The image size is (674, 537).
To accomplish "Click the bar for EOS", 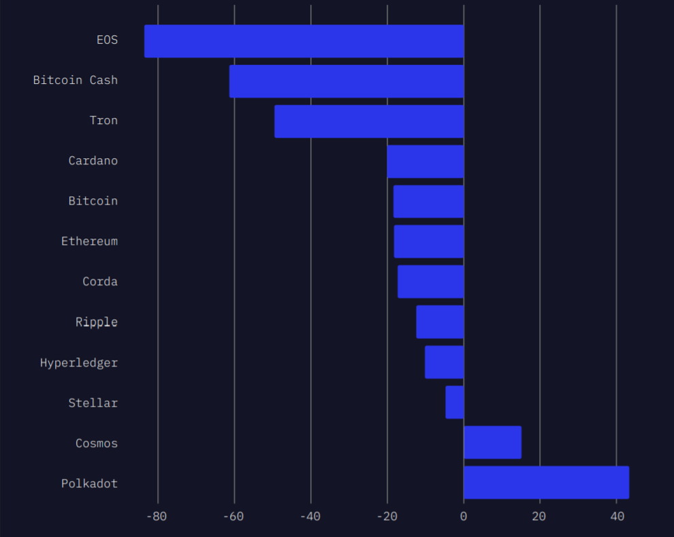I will (304, 41).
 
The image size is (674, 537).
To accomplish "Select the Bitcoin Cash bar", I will (347, 81).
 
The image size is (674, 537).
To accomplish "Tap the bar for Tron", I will (369, 121).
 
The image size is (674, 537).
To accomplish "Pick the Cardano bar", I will (426, 162).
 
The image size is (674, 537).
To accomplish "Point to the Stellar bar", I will (455, 402).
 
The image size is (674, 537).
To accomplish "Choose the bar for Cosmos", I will (492, 442).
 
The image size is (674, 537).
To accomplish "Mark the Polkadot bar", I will (546, 482).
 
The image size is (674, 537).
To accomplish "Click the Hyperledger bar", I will (445, 362).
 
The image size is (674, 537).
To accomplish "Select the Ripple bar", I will (440, 322).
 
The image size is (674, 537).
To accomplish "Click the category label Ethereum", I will (89, 241).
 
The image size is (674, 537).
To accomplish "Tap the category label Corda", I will (100, 281).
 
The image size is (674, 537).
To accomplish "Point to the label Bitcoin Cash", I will (75, 80).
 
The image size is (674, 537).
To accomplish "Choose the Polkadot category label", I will (89, 483).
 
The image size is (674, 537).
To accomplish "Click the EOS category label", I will (107, 40).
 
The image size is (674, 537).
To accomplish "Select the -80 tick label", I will (157, 517).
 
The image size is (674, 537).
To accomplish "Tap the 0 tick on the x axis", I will (464, 517).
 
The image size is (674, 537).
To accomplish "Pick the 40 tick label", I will (617, 517).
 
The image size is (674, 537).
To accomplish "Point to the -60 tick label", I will (234, 517).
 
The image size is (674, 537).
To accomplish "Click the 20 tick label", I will (540, 517).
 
